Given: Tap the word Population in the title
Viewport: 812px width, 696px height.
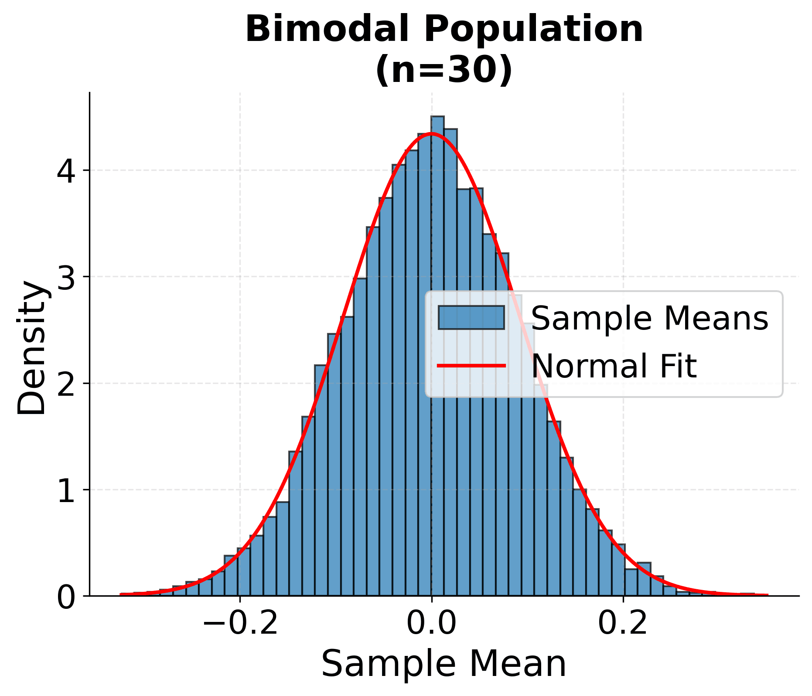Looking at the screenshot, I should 519,29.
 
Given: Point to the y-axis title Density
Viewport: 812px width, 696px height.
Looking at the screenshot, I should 31,347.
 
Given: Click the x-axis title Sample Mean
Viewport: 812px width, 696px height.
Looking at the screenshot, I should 444,664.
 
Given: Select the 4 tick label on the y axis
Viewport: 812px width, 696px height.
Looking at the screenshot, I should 66,170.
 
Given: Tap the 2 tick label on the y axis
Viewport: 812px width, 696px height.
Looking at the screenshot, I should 66,384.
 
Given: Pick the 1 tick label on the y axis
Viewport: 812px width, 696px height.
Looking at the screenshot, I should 66,490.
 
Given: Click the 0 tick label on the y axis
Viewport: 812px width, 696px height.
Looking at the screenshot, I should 66,596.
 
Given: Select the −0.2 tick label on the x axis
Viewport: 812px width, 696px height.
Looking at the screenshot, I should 240,624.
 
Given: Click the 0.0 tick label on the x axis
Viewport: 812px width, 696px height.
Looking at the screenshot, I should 431,624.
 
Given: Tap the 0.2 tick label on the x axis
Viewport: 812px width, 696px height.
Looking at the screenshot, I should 623,624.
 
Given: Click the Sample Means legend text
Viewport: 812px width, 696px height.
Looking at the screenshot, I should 649,318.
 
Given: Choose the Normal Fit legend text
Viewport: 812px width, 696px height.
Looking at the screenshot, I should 614,365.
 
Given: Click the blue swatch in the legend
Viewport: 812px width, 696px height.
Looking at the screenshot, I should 471,318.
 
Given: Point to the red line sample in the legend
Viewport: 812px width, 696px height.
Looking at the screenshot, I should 471,365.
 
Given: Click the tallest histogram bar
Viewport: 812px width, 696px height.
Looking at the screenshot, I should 437,349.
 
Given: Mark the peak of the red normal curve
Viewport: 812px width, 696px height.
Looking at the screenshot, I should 431,134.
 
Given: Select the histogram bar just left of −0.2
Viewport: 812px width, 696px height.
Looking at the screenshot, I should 231,575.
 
